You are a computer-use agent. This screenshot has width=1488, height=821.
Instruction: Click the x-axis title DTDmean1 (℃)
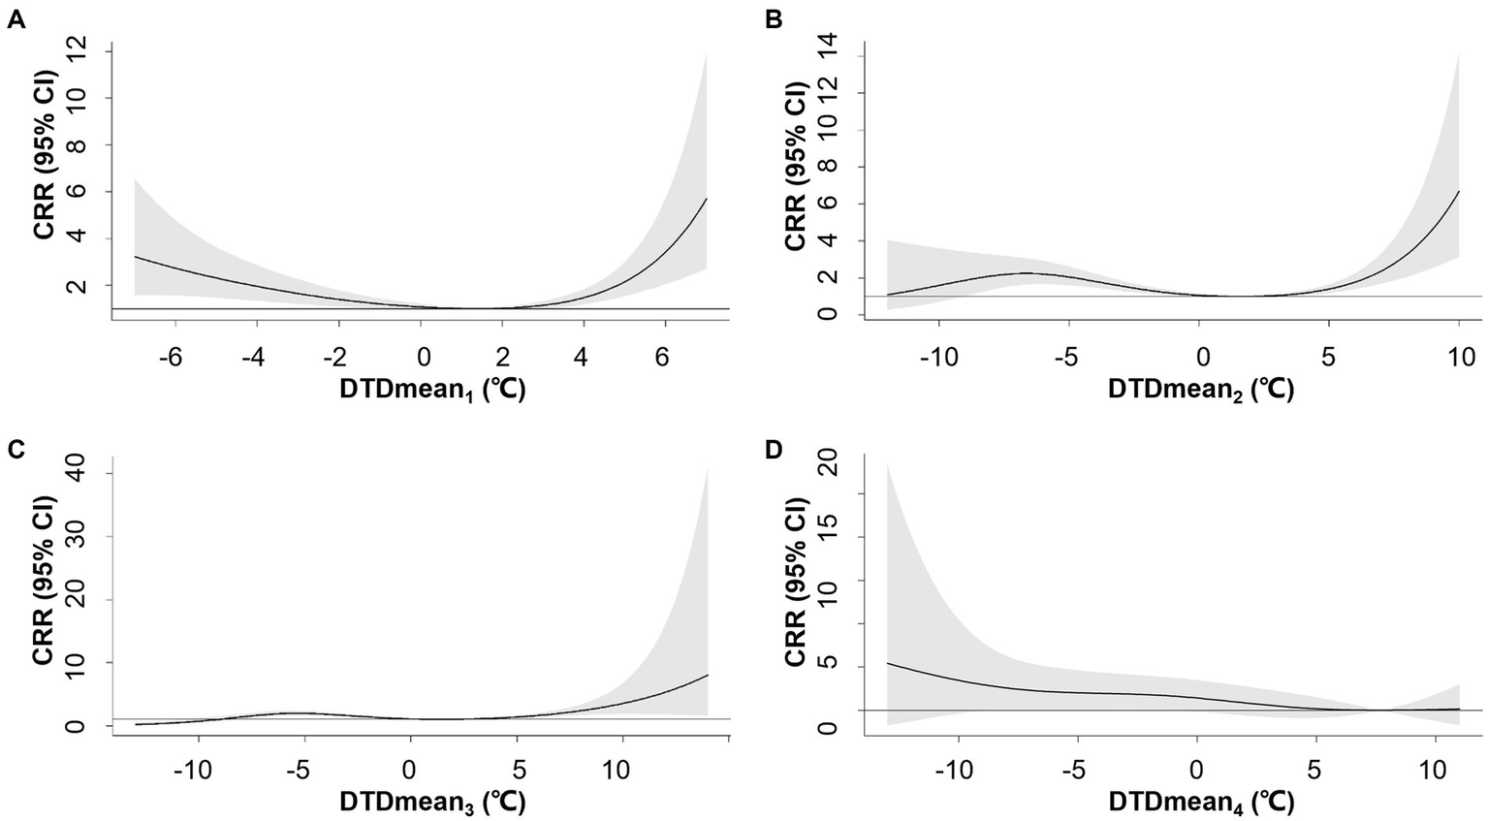click(431, 390)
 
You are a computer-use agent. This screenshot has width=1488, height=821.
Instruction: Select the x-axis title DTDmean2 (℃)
click(1200, 390)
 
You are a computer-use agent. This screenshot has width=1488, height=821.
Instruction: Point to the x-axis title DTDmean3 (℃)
click(431, 803)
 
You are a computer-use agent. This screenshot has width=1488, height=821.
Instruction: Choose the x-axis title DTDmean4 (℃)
click(1200, 803)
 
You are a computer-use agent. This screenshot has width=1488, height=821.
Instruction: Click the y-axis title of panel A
click(44, 174)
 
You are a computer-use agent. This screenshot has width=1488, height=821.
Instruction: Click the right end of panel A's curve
click(707, 199)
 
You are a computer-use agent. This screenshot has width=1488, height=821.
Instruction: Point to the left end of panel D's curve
click(887, 663)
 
